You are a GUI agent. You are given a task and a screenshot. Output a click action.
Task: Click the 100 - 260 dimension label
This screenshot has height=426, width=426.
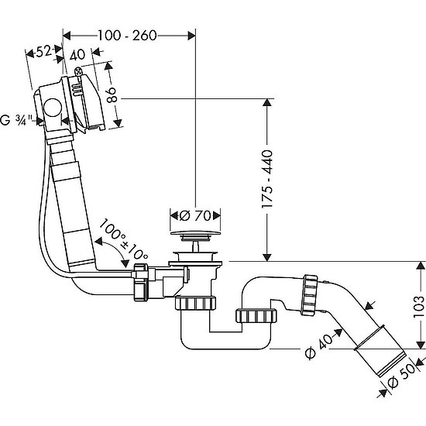[127, 36]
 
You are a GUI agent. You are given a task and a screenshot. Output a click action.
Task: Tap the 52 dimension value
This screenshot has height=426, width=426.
[43, 51]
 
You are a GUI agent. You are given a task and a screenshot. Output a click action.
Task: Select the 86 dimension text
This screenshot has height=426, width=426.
[112, 94]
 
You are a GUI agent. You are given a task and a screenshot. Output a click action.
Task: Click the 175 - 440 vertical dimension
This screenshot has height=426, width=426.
[266, 180]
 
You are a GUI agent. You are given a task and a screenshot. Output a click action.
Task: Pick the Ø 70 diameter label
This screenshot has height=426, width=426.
[195, 216]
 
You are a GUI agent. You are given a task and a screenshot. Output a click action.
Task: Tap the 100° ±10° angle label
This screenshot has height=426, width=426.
[124, 239]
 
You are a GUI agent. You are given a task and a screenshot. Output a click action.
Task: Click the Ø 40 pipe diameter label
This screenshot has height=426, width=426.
[318, 348]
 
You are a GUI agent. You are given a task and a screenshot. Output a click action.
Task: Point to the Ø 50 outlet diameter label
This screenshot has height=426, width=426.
[401, 376]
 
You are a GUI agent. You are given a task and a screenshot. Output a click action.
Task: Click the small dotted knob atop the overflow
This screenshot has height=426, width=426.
[78, 71]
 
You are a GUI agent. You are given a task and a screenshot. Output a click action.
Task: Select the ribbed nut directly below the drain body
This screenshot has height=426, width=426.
[195, 303]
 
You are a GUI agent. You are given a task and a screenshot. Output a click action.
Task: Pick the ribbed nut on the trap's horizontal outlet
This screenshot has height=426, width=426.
[256, 315]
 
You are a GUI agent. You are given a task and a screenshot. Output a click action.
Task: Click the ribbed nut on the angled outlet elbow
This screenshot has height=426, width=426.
[310, 295]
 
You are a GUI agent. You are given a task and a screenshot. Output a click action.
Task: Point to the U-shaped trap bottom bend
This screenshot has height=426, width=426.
[225, 344]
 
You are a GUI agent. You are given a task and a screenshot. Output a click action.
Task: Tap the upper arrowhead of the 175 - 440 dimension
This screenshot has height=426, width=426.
[267, 103]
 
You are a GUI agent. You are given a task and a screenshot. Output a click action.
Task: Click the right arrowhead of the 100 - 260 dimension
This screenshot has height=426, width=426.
[191, 36]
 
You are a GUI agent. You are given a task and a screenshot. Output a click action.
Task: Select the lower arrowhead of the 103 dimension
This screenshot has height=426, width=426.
[421, 344]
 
